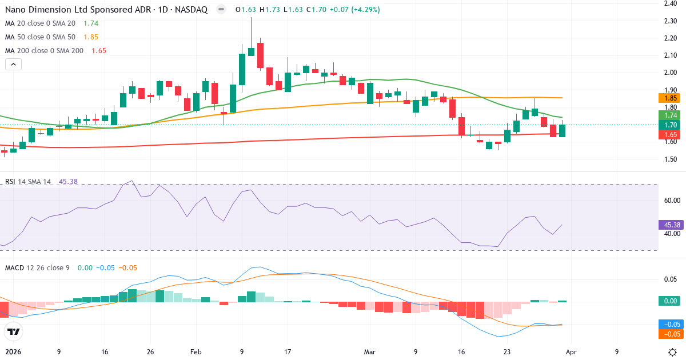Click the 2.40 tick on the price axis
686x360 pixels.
(671, 3)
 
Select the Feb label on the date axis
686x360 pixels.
(196, 352)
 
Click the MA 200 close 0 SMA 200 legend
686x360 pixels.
(44, 50)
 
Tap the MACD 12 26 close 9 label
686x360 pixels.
(37, 267)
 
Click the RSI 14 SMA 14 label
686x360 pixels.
(28, 182)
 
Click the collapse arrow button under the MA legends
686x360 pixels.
(13, 65)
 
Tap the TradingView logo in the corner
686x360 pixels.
(13, 331)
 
